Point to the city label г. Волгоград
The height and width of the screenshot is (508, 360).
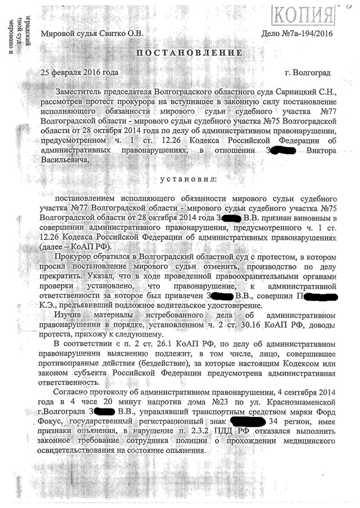tap(308, 73)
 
